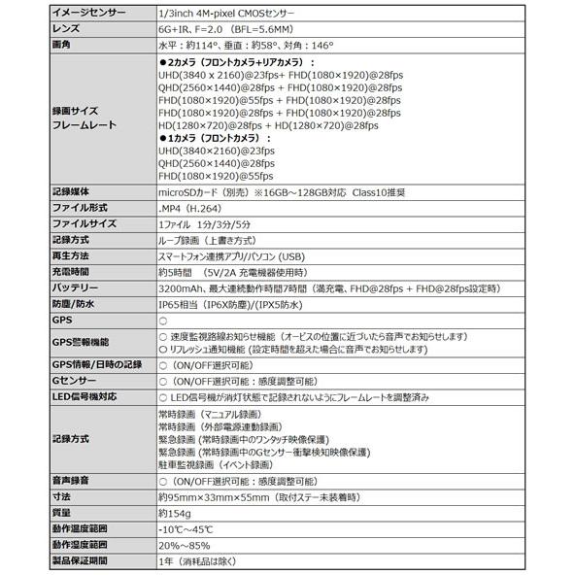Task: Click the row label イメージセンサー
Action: coord(90,12)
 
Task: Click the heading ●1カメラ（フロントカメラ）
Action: coord(220,139)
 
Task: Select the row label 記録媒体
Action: coord(71,192)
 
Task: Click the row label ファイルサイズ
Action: coord(84,223)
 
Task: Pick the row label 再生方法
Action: coord(71,254)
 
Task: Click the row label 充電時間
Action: coord(71,272)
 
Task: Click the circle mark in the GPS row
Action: coord(162,321)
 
